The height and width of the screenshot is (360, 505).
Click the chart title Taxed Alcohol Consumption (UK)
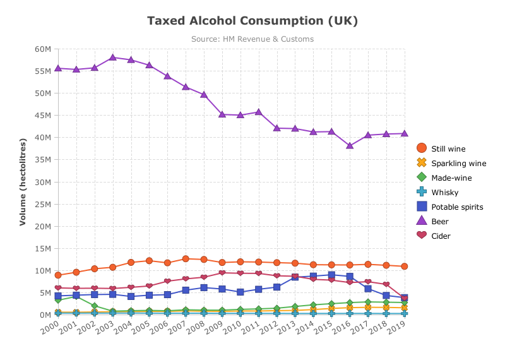click(x=252, y=21)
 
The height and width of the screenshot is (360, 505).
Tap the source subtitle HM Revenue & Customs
click(x=268, y=39)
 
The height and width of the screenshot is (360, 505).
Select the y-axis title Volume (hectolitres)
click(x=23, y=182)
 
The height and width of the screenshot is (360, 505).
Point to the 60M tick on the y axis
click(x=43, y=49)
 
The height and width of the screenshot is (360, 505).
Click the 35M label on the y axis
click(x=43, y=160)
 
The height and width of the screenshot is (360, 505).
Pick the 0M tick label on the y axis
click(x=45, y=315)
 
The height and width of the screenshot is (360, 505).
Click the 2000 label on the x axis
click(x=50, y=327)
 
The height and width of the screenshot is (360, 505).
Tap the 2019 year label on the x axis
click(x=396, y=327)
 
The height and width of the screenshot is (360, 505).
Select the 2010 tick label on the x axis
click(x=232, y=327)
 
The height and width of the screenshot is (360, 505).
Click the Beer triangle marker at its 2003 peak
click(x=113, y=57)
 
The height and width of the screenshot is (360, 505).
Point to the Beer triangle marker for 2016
click(x=350, y=146)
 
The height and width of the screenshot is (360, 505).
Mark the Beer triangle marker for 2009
click(x=222, y=114)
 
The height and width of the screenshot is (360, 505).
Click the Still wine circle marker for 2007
click(x=186, y=258)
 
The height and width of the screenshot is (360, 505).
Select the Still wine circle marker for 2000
click(x=58, y=275)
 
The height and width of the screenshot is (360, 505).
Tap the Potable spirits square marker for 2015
click(x=331, y=275)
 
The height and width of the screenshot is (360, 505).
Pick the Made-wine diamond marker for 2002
click(x=94, y=306)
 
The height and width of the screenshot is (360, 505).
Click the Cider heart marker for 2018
click(x=386, y=284)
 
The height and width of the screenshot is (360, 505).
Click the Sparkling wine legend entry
click(x=451, y=163)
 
